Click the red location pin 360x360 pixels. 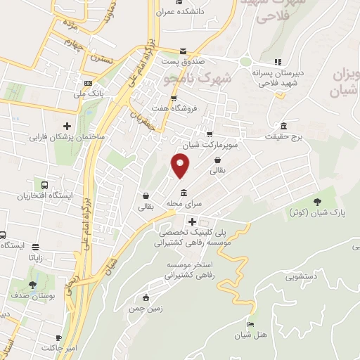click(x=181, y=167)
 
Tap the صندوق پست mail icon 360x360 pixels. click(x=183, y=51)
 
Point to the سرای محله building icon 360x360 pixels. click(x=184, y=193)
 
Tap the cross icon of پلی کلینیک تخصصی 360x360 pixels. click(x=191, y=221)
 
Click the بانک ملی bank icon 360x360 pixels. click(x=89, y=82)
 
